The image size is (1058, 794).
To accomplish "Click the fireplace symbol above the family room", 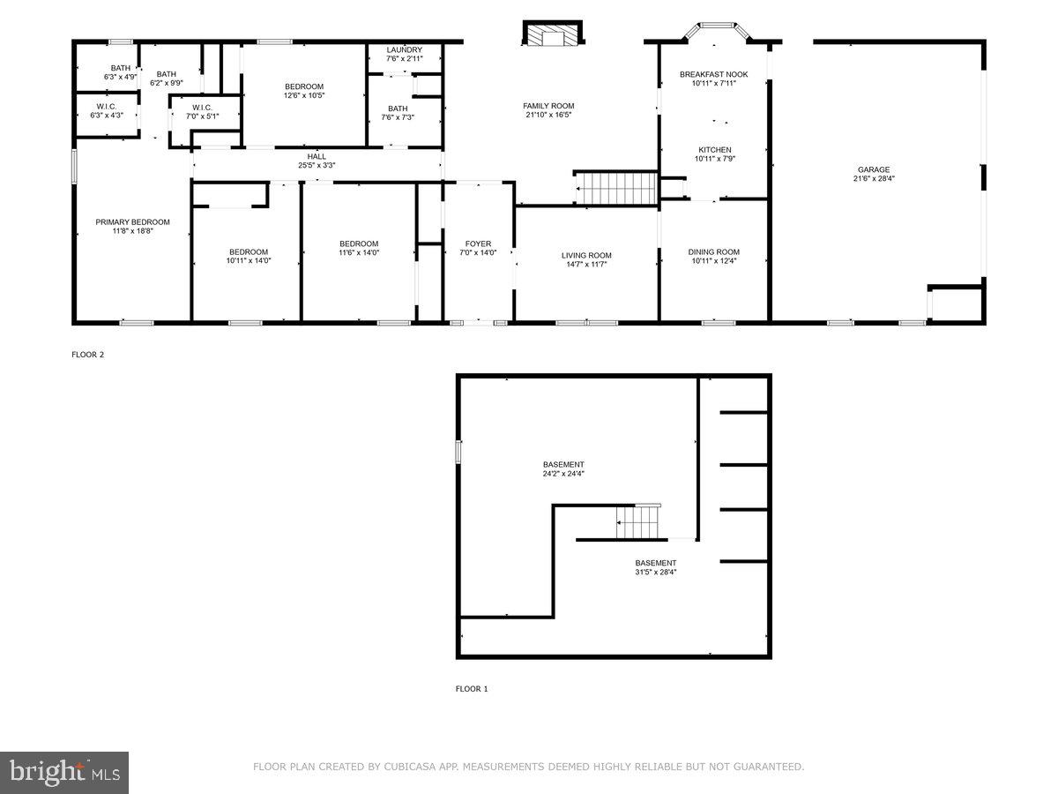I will tap(553, 34).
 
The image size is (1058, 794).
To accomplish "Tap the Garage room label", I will tap(874, 169).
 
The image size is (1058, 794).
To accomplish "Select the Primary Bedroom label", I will tap(132, 222).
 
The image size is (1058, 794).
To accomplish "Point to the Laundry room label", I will tap(404, 50).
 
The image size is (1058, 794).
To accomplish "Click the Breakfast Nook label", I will tap(713, 74).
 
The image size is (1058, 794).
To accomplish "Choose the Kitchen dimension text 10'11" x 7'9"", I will tap(714, 160).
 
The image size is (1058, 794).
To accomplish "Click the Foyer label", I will tap(478, 243).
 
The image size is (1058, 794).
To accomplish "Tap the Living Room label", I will tap(586, 255).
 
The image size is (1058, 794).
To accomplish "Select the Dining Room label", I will tap(713, 252).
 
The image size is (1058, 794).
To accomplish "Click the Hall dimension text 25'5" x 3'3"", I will tap(317, 165).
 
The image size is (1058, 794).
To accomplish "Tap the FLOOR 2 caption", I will tap(88, 355).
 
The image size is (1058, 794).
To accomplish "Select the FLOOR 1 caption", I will tap(472, 689).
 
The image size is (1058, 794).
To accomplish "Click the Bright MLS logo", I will tap(64, 773).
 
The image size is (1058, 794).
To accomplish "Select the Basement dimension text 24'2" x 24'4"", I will tap(563, 474).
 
